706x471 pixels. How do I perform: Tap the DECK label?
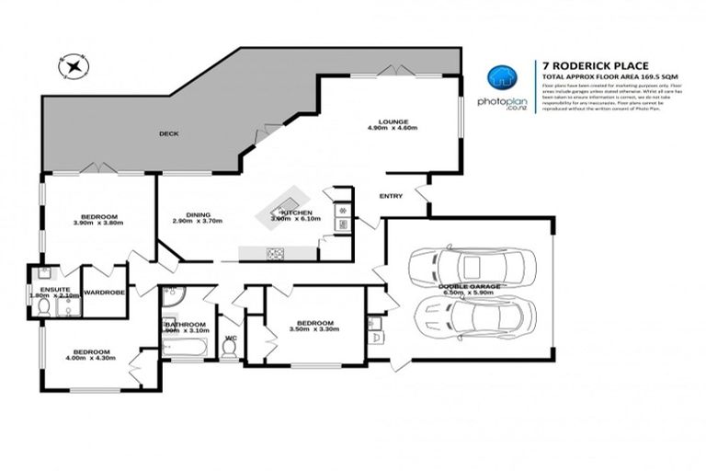pos(168,133)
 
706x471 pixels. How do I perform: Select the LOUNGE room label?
pos(393,121)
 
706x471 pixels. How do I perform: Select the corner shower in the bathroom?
pos(172,295)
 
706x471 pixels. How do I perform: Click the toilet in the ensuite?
pos(42,309)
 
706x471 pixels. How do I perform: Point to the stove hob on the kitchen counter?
pos(273,254)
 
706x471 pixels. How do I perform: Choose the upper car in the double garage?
pos(470,267)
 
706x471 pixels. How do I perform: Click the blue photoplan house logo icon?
pos(499,79)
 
